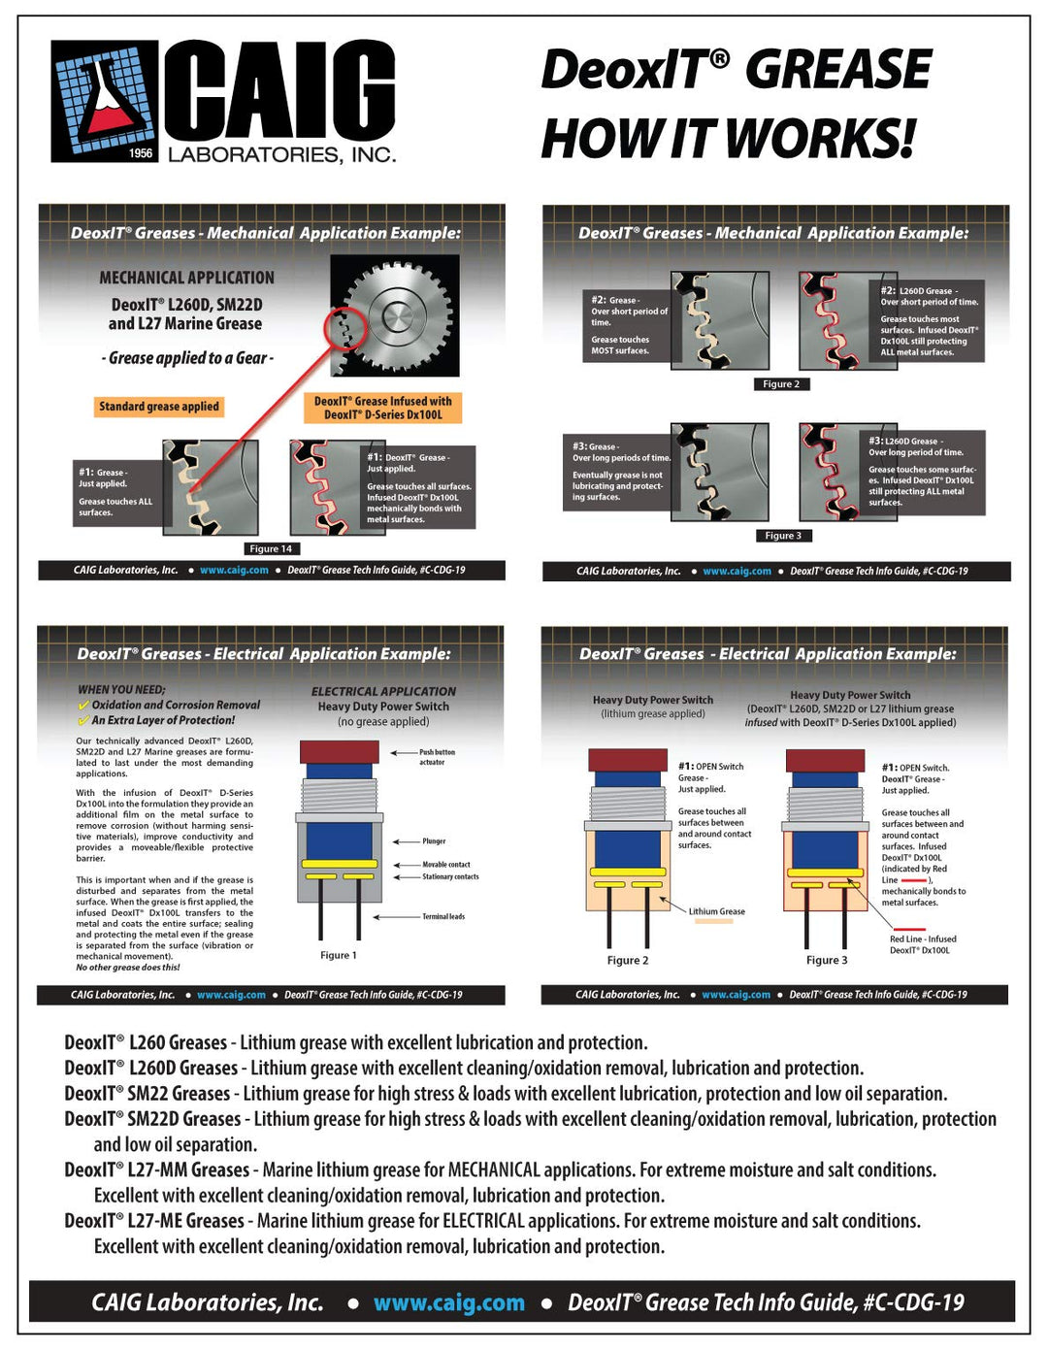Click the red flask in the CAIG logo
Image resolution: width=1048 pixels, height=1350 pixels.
tap(108, 103)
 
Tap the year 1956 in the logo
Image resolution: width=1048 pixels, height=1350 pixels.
tap(142, 153)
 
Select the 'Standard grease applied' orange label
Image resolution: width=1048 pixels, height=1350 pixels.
tap(159, 407)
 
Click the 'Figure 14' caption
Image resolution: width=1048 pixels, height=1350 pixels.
tap(271, 549)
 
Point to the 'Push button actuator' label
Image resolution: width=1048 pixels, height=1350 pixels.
tap(436, 757)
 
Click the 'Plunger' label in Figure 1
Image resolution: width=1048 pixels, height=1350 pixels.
tap(434, 841)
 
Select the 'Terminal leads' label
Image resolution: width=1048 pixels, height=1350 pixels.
tap(442, 916)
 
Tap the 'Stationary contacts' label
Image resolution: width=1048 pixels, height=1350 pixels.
tap(449, 876)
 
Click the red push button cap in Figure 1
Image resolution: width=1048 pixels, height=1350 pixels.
tap(340, 751)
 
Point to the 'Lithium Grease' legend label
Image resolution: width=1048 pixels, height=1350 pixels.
tap(716, 911)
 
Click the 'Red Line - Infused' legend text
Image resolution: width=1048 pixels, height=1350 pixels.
tap(922, 939)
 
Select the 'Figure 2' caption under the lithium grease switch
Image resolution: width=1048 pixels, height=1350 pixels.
tap(628, 960)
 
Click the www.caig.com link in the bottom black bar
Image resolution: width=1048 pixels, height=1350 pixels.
tap(448, 1303)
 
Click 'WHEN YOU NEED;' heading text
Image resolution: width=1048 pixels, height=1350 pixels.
tap(121, 690)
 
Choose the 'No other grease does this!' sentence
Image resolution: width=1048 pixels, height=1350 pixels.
tap(128, 967)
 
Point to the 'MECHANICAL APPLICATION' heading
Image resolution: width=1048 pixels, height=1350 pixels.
tap(186, 278)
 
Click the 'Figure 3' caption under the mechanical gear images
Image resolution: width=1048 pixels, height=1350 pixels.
tap(783, 536)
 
